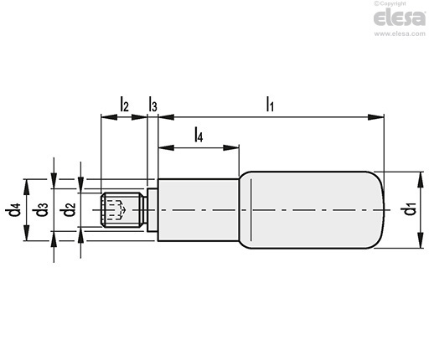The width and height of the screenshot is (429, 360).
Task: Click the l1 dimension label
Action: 270,104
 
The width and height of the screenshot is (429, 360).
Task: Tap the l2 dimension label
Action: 125,104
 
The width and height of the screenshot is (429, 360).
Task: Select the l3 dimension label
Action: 152,104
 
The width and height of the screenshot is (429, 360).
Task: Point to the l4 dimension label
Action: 199,135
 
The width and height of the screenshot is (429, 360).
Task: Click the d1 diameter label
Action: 411,209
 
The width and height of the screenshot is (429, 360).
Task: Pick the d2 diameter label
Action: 69,209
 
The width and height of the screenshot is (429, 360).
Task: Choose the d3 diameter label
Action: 42,209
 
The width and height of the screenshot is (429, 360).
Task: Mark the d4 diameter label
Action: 13,209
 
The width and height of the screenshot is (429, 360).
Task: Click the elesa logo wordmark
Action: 400,18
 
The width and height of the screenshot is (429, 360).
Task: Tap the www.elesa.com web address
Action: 400,33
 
